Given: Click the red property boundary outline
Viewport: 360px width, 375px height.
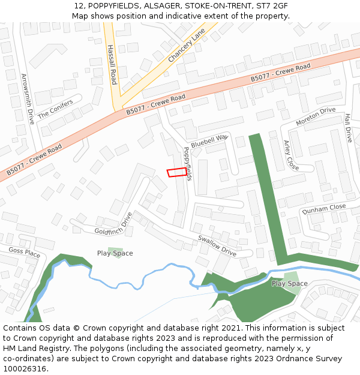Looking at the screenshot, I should tap(176, 173).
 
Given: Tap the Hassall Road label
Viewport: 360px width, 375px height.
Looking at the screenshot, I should tap(112, 64).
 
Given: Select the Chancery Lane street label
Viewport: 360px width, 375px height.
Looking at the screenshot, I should tap(187, 44).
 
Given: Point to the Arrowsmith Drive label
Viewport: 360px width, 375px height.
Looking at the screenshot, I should tap(28, 98).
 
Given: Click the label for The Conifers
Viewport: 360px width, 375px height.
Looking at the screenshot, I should tap(55, 109).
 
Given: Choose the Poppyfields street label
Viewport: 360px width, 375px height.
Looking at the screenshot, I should tap(188, 163).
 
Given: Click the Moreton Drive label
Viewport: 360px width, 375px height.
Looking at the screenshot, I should tap(316, 116).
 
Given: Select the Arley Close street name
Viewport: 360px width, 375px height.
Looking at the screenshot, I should tap(290, 155).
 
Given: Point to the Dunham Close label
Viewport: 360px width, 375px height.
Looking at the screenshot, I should tap(324, 208).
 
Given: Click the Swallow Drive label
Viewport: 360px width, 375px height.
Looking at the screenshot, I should tap(217, 245).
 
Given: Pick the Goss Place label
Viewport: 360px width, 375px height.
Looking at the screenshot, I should tap(24, 254).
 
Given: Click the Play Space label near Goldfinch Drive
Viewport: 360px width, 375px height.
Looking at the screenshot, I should tap(115, 253).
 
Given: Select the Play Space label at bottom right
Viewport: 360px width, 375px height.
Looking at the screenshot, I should tap(289, 283).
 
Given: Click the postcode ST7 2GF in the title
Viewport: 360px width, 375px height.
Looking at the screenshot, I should tap(272, 6).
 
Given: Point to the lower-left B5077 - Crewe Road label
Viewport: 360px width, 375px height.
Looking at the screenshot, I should tap(35, 160).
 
